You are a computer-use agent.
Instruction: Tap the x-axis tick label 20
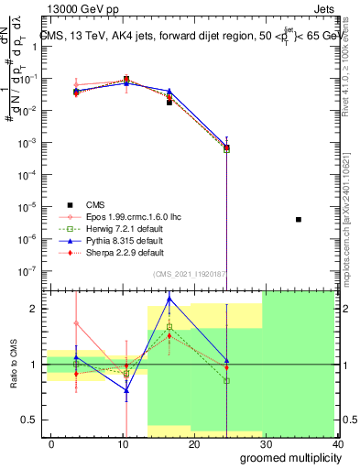tap(194, 443)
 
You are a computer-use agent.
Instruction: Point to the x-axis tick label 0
tap(49, 443)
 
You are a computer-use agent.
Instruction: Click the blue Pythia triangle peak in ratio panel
tap(169, 299)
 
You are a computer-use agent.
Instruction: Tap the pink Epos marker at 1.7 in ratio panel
tap(77, 323)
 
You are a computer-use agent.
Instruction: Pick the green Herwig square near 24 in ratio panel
tap(226, 380)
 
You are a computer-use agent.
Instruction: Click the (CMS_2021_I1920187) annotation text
tap(189, 273)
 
